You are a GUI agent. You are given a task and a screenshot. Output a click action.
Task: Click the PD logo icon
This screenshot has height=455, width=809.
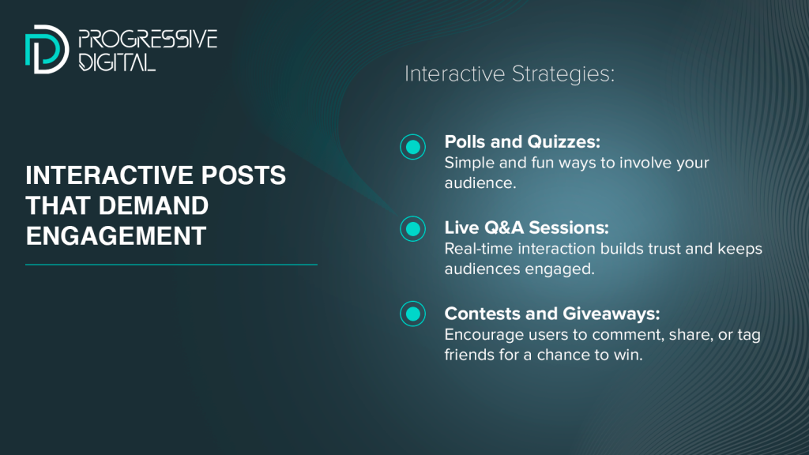tap(47, 50)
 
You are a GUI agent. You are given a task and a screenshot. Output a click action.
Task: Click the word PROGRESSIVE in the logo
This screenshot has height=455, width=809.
tap(148, 39)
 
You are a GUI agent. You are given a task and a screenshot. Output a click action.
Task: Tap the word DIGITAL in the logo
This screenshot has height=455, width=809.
tap(117, 62)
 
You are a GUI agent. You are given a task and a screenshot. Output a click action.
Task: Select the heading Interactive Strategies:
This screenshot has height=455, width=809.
tap(510, 73)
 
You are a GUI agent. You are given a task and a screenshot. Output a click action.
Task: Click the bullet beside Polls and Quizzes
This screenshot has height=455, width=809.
tap(412, 147)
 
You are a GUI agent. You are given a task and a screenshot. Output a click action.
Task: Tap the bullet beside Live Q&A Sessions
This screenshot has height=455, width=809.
tap(412, 228)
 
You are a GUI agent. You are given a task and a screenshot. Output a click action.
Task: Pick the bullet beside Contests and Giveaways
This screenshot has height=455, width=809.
tap(412, 314)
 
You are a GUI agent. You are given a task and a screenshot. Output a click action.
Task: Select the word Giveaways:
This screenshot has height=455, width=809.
tap(611, 314)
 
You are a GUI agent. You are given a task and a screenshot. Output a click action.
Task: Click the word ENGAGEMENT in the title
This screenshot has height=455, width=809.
tap(116, 236)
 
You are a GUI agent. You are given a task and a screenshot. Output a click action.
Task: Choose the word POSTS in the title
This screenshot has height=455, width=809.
tap(243, 175)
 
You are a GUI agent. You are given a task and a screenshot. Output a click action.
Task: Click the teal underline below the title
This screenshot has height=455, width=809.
tap(171, 265)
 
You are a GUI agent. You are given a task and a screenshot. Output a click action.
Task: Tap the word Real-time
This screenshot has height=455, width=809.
tap(479, 249)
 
